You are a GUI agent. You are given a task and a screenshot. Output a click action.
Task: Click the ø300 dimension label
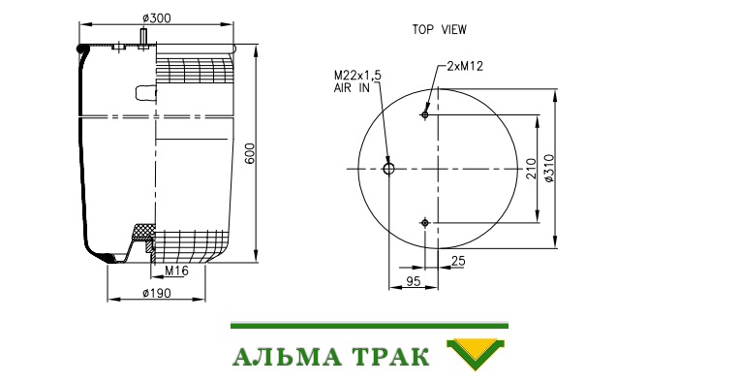(x=157, y=18)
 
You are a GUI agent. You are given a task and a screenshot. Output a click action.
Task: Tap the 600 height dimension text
(x=251, y=153)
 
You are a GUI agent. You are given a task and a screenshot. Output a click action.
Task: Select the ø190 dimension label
(x=157, y=293)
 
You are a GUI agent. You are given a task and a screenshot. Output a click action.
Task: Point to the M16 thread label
(x=176, y=271)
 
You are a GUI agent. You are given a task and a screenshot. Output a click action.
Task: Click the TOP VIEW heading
(x=440, y=29)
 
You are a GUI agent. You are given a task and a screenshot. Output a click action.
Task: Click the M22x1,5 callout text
(x=357, y=76)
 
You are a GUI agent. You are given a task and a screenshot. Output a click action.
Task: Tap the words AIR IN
(x=352, y=87)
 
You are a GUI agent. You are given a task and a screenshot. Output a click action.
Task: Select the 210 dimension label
(x=532, y=169)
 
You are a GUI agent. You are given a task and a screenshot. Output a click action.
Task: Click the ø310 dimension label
(x=550, y=168)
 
